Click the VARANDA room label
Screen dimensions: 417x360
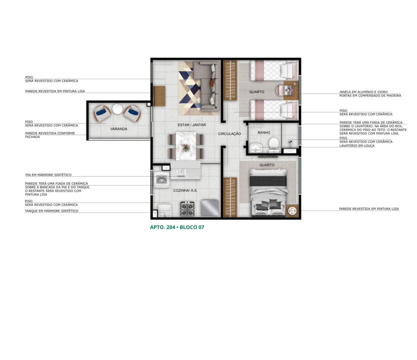tap(119, 129)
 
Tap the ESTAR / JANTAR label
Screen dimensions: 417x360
tap(192, 125)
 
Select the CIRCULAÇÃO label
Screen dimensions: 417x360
tap(230, 134)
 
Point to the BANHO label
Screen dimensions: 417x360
tap(264, 133)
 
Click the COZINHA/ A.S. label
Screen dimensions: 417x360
tap(185, 190)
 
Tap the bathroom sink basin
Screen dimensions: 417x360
tap(256, 148)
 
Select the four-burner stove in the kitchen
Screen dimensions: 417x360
tap(187, 209)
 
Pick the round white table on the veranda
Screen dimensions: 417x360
tap(117, 109)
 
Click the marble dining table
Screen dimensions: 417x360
tap(186, 146)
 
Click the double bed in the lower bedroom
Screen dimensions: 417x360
tap(268, 193)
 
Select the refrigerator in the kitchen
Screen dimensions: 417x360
tap(210, 208)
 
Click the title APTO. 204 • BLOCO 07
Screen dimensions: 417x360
tap(177, 227)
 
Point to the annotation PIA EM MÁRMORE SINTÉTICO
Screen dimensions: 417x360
tap(48, 175)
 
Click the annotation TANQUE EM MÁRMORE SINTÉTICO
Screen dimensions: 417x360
tap(51, 211)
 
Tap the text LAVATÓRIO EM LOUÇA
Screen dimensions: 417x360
tap(357, 146)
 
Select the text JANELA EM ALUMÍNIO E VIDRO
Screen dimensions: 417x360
tap(363, 92)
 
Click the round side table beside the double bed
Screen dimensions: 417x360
tap(292, 211)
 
